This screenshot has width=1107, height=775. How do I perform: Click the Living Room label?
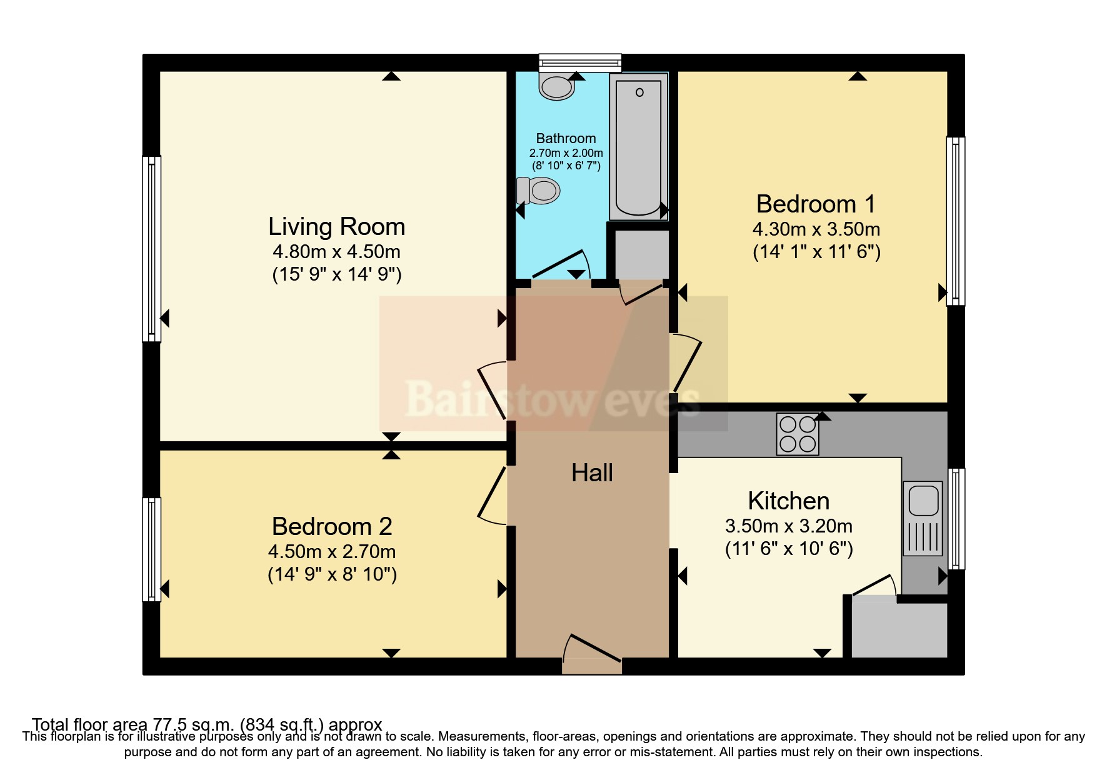click(x=336, y=226)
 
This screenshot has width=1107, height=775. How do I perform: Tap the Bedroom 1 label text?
click(x=816, y=204)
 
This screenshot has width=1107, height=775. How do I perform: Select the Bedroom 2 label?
click(x=332, y=526)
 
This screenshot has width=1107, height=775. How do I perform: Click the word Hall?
click(x=592, y=473)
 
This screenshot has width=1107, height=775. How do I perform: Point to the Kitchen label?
click(x=788, y=501)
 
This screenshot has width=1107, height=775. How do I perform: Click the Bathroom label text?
click(x=566, y=138)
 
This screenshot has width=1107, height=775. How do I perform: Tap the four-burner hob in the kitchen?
click(x=798, y=434)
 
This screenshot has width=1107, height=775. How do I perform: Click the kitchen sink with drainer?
click(x=923, y=518)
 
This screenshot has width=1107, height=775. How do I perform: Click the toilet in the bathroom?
click(x=539, y=190)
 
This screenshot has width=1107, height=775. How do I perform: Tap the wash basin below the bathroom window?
click(x=556, y=87)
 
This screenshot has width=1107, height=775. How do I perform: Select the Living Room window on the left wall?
click(x=152, y=249)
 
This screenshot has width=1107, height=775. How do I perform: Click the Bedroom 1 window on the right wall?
click(x=955, y=221)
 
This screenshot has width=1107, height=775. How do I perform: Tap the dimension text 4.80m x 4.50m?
click(x=336, y=252)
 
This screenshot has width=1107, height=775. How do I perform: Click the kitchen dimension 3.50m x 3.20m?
click(x=788, y=526)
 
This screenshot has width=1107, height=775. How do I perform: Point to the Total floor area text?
click(x=207, y=724)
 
